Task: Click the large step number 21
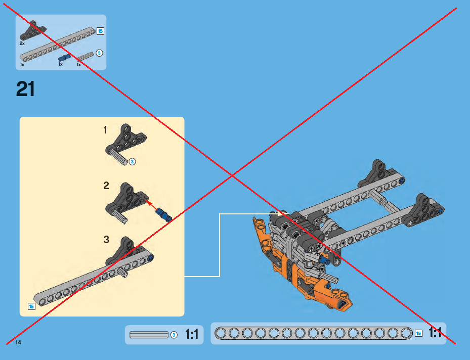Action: (x=25, y=88)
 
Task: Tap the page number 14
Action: (x=18, y=342)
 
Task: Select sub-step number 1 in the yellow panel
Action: (x=105, y=130)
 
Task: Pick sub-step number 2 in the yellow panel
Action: (x=106, y=186)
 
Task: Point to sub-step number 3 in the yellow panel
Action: (x=106, y=240)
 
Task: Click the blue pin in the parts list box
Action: (x=64, y=58)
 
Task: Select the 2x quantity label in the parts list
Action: (x=22, y=43)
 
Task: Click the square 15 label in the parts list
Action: (x=100, y=31)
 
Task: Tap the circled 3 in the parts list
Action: (x=99, y=53)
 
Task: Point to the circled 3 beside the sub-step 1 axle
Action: (x=132, y=162)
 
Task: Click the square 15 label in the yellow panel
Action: (x=31, y=306)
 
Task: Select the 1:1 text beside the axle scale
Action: (x=192, y=334)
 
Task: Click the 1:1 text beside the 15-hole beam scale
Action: (x=435, y=333)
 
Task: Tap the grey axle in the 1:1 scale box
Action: (x=149, y=335)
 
